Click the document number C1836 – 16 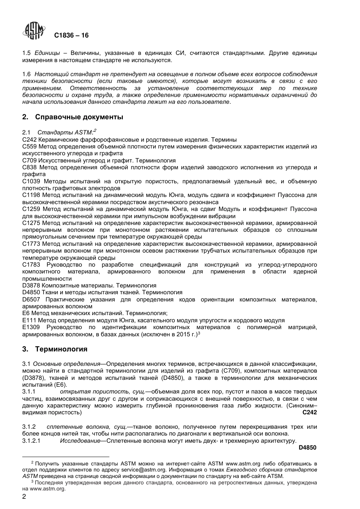(x=71, y=35)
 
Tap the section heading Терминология (x=61, y=349)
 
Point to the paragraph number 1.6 (x=27, y=74)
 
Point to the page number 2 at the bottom (x=24, y=497)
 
